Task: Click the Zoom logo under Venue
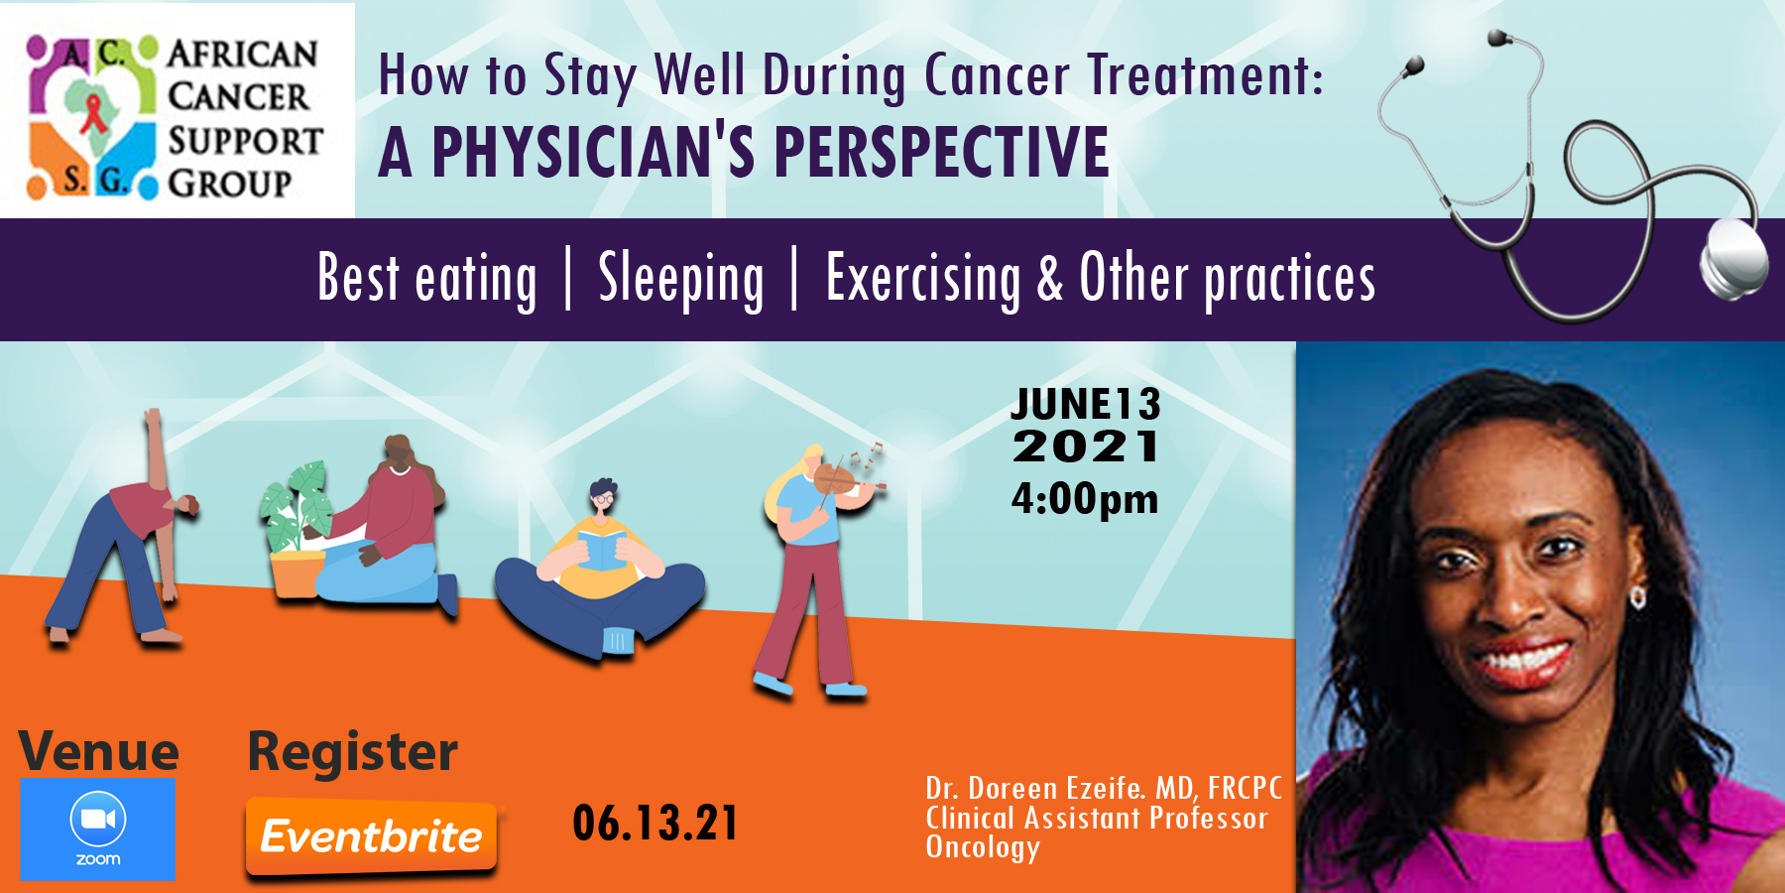point(98,829)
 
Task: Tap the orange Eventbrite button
point(371,837)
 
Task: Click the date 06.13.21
point(655,824)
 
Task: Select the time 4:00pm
point(1085,499)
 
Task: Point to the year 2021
point(1086,446)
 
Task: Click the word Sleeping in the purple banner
point(681,279)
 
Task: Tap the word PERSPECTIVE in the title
point(941,152)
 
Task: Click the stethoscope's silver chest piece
point(1734,256)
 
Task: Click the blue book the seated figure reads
point(602,550)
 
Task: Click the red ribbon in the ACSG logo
point(94,111)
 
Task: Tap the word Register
point(353,752)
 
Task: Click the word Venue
point(99,751)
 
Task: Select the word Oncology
point(983,848)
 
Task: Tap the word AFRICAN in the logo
point(243,54)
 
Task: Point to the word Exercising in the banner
point(923,279)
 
